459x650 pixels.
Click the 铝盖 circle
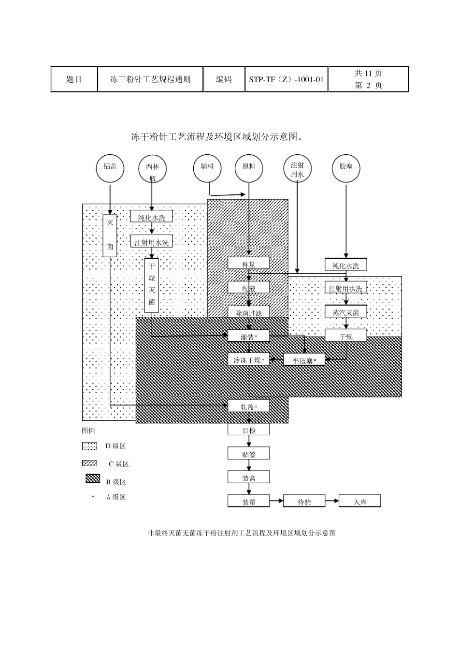click(110, 168)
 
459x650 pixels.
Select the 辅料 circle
click(207, 168)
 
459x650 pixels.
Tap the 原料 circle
click(249, 168)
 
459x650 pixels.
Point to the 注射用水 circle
click(297, 170)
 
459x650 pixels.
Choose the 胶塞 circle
click(346, 168)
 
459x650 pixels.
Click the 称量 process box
click(249, 264)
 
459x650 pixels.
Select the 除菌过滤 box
click(249, 312)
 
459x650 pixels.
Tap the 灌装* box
click(249, 336)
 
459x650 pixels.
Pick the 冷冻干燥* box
click(249, 360)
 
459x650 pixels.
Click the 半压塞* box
click(304, 360)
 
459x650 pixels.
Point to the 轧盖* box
click(249, 406)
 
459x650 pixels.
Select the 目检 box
click(249, 429)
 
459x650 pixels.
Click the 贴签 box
click(249, 454)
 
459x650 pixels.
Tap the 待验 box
click(304, 502)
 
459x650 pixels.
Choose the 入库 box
click(360, 502)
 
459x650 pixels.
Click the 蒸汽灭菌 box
click(346, 312)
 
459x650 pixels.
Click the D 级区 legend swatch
click(89, 446)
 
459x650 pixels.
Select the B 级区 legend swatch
click(92, 479)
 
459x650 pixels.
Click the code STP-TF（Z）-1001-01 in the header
click(287, 79)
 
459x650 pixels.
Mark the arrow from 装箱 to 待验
click(276, 501)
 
